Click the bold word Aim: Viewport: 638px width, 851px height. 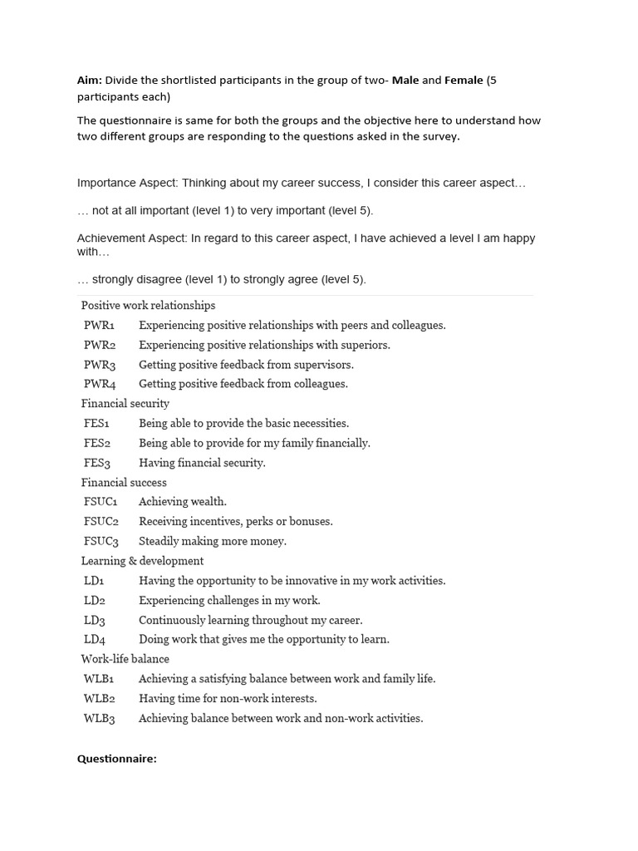90,81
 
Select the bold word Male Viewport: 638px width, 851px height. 405,81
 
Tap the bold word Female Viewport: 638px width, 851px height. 464,81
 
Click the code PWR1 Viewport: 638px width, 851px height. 99,325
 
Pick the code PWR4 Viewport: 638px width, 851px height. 100,384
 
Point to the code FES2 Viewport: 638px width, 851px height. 97,443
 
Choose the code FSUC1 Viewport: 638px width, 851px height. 101,502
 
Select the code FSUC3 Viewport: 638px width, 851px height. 101,541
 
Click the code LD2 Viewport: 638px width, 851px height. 95,600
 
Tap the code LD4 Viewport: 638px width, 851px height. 95,639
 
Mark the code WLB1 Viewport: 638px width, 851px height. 99,679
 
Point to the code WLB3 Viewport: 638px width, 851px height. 100,718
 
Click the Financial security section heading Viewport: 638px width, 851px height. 125,404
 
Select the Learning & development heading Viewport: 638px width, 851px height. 142,561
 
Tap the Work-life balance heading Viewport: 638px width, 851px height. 125,659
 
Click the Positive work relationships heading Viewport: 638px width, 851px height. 148,306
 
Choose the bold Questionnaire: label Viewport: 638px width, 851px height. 117,759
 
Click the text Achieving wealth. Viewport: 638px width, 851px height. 183,502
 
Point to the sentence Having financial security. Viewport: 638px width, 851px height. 202,463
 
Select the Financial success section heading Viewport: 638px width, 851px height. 124,483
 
